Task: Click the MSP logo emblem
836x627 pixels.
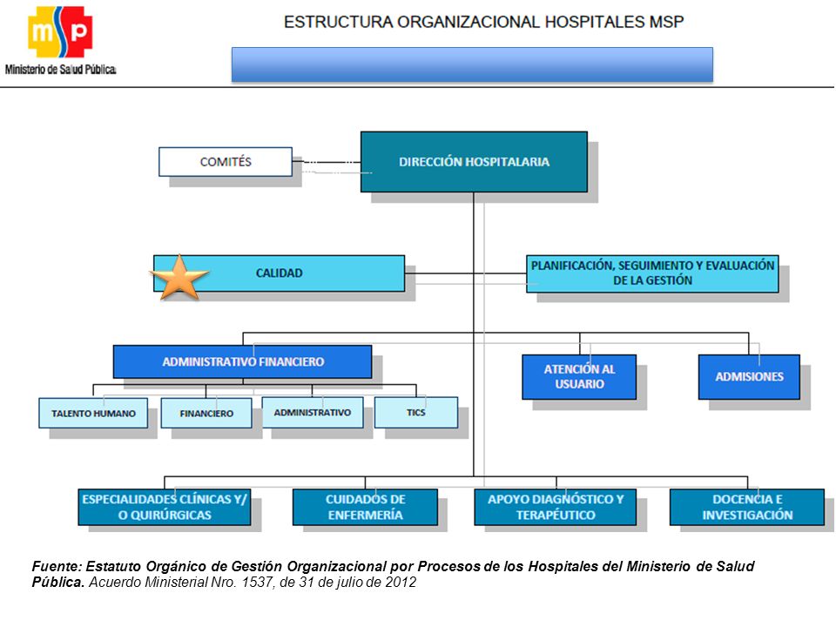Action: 60,31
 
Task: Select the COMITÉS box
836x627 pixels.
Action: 226,162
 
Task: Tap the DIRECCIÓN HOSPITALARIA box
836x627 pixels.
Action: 474,162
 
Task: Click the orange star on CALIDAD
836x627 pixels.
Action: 179,277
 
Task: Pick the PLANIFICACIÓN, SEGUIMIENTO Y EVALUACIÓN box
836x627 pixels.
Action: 652,273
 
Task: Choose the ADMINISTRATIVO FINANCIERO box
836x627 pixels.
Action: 243,361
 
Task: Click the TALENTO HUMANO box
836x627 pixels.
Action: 93,413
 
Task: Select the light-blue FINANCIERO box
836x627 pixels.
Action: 206,413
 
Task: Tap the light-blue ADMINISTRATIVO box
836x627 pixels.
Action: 313,412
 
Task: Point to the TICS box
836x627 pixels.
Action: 416,412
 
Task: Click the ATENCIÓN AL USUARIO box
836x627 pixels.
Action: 579,376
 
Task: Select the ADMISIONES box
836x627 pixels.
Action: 749,376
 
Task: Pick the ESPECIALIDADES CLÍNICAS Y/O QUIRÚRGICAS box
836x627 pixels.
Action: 165,507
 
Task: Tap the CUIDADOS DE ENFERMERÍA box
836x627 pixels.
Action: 365,507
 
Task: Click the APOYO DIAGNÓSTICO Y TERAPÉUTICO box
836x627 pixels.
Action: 555,507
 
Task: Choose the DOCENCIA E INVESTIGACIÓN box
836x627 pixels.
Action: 747,507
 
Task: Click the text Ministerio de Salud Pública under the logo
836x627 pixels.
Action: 60,70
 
